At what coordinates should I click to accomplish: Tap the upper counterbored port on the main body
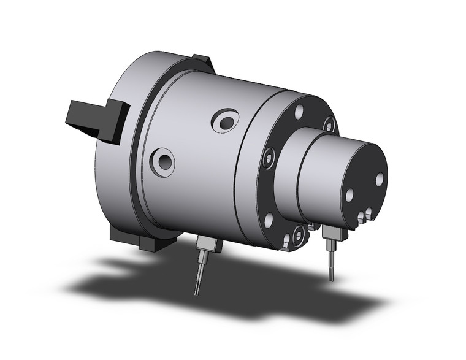click(224, 121)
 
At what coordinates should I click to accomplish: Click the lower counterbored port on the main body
click(163, 162)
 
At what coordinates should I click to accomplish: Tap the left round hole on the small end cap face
click(349, 195)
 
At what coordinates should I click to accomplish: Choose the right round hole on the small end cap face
click(380, 178)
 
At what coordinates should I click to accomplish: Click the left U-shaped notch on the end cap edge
click(361, 216)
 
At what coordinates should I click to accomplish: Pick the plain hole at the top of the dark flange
click(299, 112)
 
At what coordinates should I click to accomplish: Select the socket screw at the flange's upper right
click(329, 124)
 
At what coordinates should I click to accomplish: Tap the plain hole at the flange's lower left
click(268, 218)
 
